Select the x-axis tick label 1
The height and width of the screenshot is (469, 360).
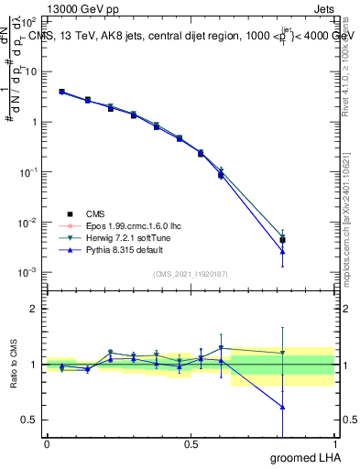(334, 443)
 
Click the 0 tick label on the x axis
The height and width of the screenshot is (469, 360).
(47, 443)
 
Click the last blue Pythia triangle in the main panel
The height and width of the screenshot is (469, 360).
(283, 252)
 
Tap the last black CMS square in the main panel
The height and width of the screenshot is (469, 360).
(283, 240)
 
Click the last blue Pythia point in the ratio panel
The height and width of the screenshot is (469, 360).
(283, 407)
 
